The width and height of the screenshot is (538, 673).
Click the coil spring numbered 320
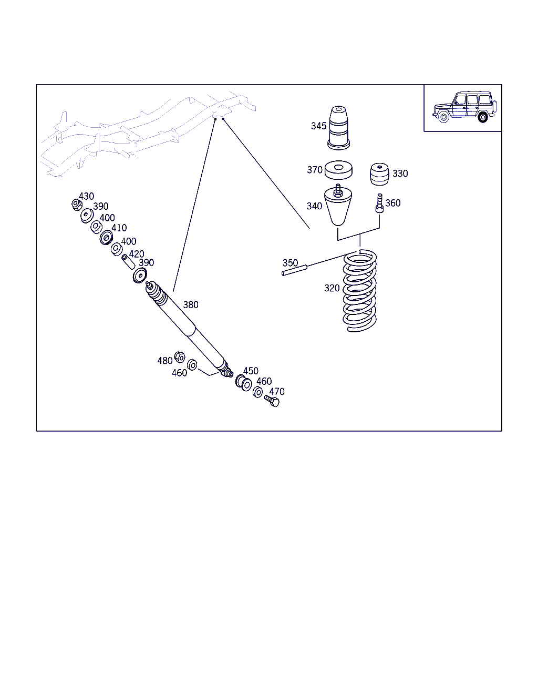(x=359, y=291)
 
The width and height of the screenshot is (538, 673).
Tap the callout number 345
(x=318, y=126)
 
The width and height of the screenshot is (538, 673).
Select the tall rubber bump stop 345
(x=338, y=128)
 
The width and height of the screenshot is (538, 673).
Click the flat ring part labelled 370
(x=338, y=170)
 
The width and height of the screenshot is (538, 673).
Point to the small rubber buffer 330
(x=379, y=174)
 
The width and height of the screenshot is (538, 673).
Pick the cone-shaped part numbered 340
(x=338, y=205)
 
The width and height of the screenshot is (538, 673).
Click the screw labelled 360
(x=379, y=203)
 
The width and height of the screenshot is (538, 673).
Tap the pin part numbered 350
(x=294, y=270)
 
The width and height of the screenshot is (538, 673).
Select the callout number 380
(x=191, y=304)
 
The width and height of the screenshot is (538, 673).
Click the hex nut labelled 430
(x=77, y=205)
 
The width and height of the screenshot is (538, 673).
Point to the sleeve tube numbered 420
(x=128, y=262)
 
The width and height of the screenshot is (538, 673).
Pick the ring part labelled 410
(x=106, y=238)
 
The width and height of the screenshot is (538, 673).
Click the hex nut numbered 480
(x=180, y=357)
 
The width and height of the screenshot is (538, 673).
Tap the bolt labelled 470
(x=272, y=401)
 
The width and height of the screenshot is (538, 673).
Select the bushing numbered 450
(x=244, y=383)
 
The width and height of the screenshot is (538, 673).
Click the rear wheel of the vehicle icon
(x=483, y=117)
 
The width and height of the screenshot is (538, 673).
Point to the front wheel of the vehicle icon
(x=443, y=117)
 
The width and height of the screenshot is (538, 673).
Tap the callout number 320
(x=332, y=288)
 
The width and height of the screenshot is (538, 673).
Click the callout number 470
(x=277, y=392)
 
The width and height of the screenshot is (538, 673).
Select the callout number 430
(x=86, y=196)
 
